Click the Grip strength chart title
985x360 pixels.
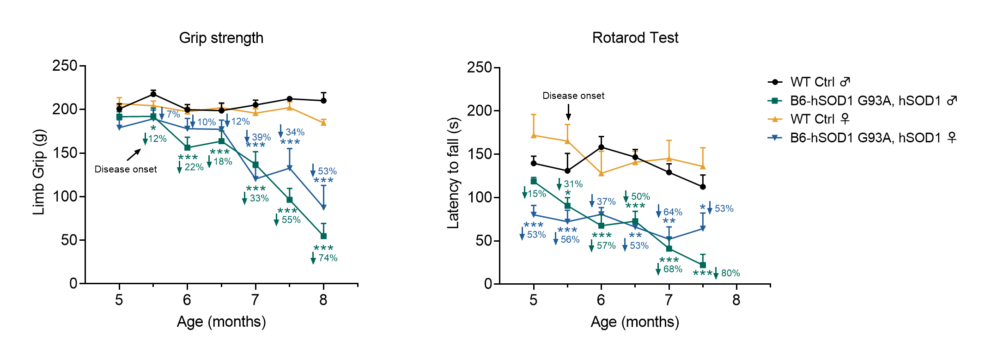(x=221, y=38)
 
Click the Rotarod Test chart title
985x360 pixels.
(x=635, y=37)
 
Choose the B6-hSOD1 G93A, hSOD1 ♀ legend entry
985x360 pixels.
(x=862, y=138)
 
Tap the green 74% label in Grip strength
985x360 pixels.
(x=328, y=258)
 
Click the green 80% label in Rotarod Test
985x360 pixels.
(x=730, y=273)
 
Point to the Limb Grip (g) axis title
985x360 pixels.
(x=39, y=172)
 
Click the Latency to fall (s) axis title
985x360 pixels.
(x=454, y=173)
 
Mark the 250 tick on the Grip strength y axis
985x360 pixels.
(x=65, y=66)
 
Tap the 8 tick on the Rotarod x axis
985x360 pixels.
(x=736, y=300)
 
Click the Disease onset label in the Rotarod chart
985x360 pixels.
(x=573, y=96)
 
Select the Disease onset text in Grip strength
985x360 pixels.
(x=126, y=169)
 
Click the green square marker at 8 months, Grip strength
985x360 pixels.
(x=323, y=236)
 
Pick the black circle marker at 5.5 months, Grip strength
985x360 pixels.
(x=153, y=94)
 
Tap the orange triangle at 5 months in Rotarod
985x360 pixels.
(x=534, y=135)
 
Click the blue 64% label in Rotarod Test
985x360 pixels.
(x=673, y=212)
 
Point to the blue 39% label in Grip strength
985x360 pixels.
(x=261, y=137)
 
